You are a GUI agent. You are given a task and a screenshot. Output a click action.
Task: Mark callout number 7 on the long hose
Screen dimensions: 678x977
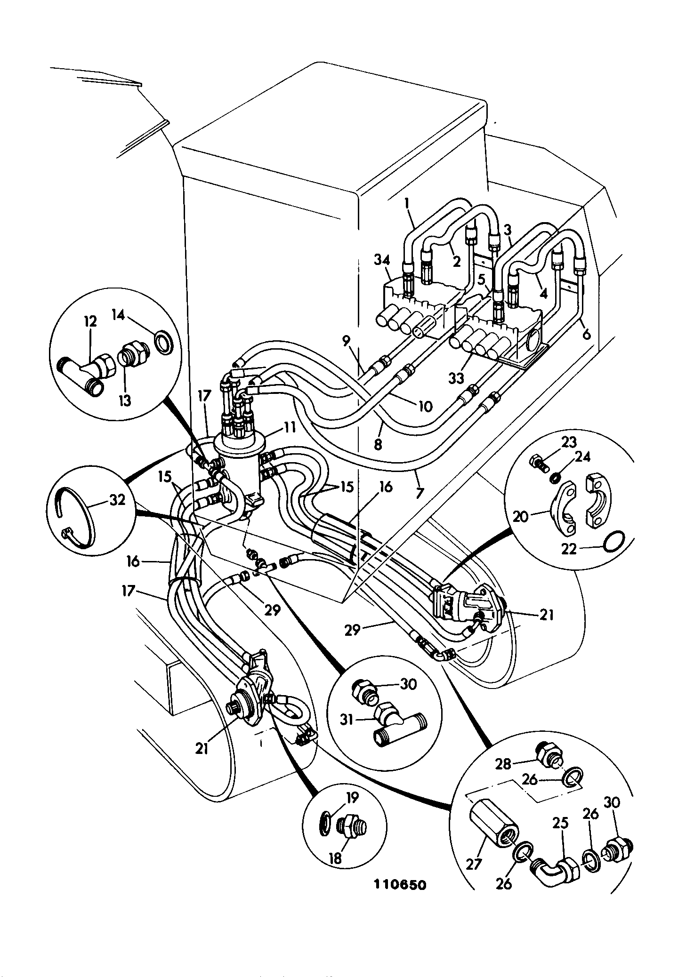(420, 493)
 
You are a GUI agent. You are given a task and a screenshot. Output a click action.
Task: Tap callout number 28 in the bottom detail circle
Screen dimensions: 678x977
(503, 763)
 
